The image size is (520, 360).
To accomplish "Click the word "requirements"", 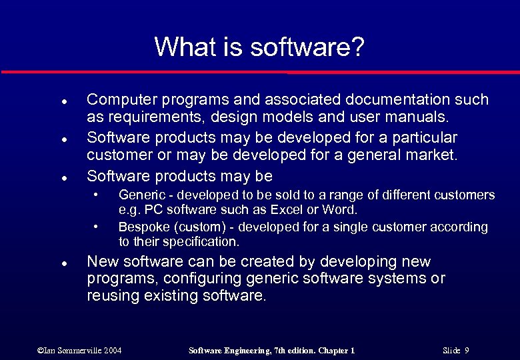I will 147,119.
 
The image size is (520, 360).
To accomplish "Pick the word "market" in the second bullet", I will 432,157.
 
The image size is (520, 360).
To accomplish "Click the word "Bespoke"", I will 141,227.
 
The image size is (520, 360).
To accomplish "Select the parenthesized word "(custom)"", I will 194,227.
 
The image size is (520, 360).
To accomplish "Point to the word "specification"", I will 198,241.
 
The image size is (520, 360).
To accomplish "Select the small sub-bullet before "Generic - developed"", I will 97,195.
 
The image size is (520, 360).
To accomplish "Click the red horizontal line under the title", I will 260,71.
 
